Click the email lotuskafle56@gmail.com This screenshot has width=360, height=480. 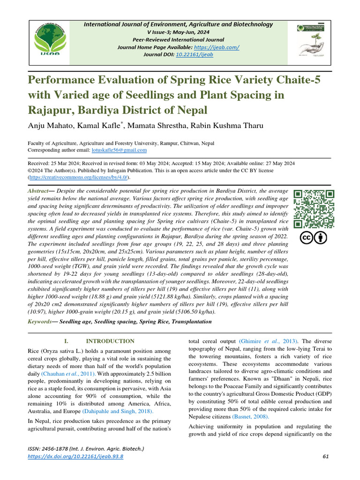click(x=119, y=150)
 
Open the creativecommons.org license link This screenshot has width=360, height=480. click(x=78, y=178)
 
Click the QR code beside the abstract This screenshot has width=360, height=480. click(x=314, y=209)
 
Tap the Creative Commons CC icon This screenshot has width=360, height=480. click(x=307, y=238)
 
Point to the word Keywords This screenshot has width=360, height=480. click(x=40, y=322)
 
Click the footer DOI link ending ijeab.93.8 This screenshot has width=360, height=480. click(x=76, y=457)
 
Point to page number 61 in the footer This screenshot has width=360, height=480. click(x=327, y=457)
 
